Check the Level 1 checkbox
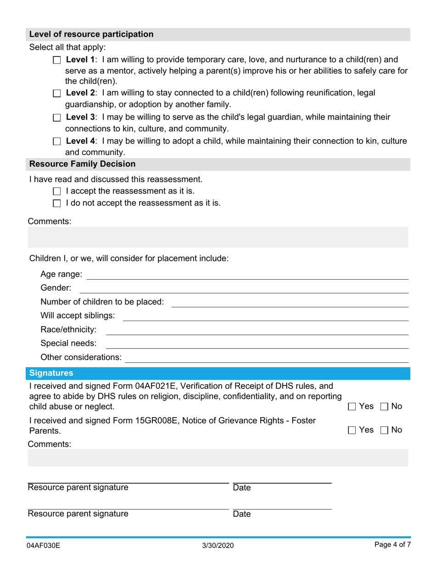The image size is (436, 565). [56, 60]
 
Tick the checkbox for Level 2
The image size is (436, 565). [56, 93]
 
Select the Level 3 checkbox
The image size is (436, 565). [56, 118]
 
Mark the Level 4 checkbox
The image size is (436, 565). [56, 141]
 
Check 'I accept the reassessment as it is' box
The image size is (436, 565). [56, 191]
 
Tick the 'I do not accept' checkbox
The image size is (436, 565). [56, 203]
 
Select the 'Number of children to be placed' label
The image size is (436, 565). [102, 302]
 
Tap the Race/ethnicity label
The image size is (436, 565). [68, 329]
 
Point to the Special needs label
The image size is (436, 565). [68, 343]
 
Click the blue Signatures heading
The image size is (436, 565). [51, 373]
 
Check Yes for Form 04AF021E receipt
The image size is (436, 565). [352, 407]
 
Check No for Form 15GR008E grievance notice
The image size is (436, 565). [386, 430]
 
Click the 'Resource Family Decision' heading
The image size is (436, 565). [82, 164]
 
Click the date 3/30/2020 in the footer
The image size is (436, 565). [218, 546]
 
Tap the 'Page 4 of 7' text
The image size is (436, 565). [392, 545]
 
